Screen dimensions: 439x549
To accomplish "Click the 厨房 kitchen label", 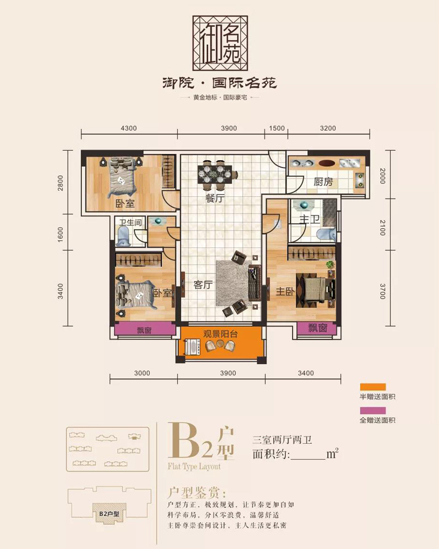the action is [323, 182].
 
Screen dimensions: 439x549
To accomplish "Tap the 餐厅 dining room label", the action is [215, 198].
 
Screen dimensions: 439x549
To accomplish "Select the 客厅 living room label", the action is [203, 285].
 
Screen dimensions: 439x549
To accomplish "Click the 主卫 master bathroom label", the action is [309, 219].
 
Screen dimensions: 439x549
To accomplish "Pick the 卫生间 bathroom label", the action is [131, 222].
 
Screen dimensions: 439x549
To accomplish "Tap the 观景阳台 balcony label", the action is [221, 333].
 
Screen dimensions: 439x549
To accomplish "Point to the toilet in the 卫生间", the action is [123, 236].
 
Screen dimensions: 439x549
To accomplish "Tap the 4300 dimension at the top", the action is [128, 128].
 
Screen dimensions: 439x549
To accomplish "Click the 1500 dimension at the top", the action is [277, 128].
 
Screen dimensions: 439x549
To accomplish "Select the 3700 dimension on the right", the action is [382, 291].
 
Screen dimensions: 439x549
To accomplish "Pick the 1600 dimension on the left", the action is [60, 234].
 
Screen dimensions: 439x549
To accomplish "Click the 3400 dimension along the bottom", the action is [306, 373].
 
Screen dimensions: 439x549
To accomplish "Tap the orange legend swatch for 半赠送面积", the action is [373, 387].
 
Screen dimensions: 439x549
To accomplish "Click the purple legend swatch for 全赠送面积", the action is [373, 410].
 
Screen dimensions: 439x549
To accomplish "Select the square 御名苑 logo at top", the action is [220, 43].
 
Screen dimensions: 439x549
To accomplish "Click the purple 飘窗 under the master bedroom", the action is [317, 328].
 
